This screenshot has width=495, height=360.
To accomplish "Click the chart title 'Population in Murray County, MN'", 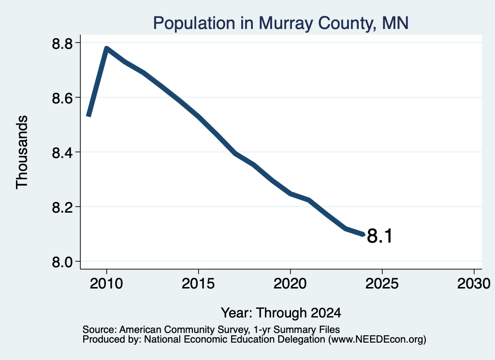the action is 281,23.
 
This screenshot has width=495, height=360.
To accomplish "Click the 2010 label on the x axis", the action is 106,283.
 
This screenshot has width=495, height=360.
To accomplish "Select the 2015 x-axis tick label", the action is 198,283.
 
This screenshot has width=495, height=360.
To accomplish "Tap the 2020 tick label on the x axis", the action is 290,283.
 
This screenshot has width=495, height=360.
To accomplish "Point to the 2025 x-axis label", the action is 382,283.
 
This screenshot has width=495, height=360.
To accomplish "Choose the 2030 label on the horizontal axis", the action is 474,283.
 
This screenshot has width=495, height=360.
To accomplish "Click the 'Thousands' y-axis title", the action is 22,152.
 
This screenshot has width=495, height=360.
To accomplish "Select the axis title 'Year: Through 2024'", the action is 281,313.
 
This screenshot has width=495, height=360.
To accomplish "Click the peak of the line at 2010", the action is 106,48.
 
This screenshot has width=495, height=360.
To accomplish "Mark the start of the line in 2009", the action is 89,116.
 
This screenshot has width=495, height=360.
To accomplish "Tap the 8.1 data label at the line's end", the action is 379,236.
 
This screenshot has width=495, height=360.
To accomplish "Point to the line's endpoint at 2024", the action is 364,234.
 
